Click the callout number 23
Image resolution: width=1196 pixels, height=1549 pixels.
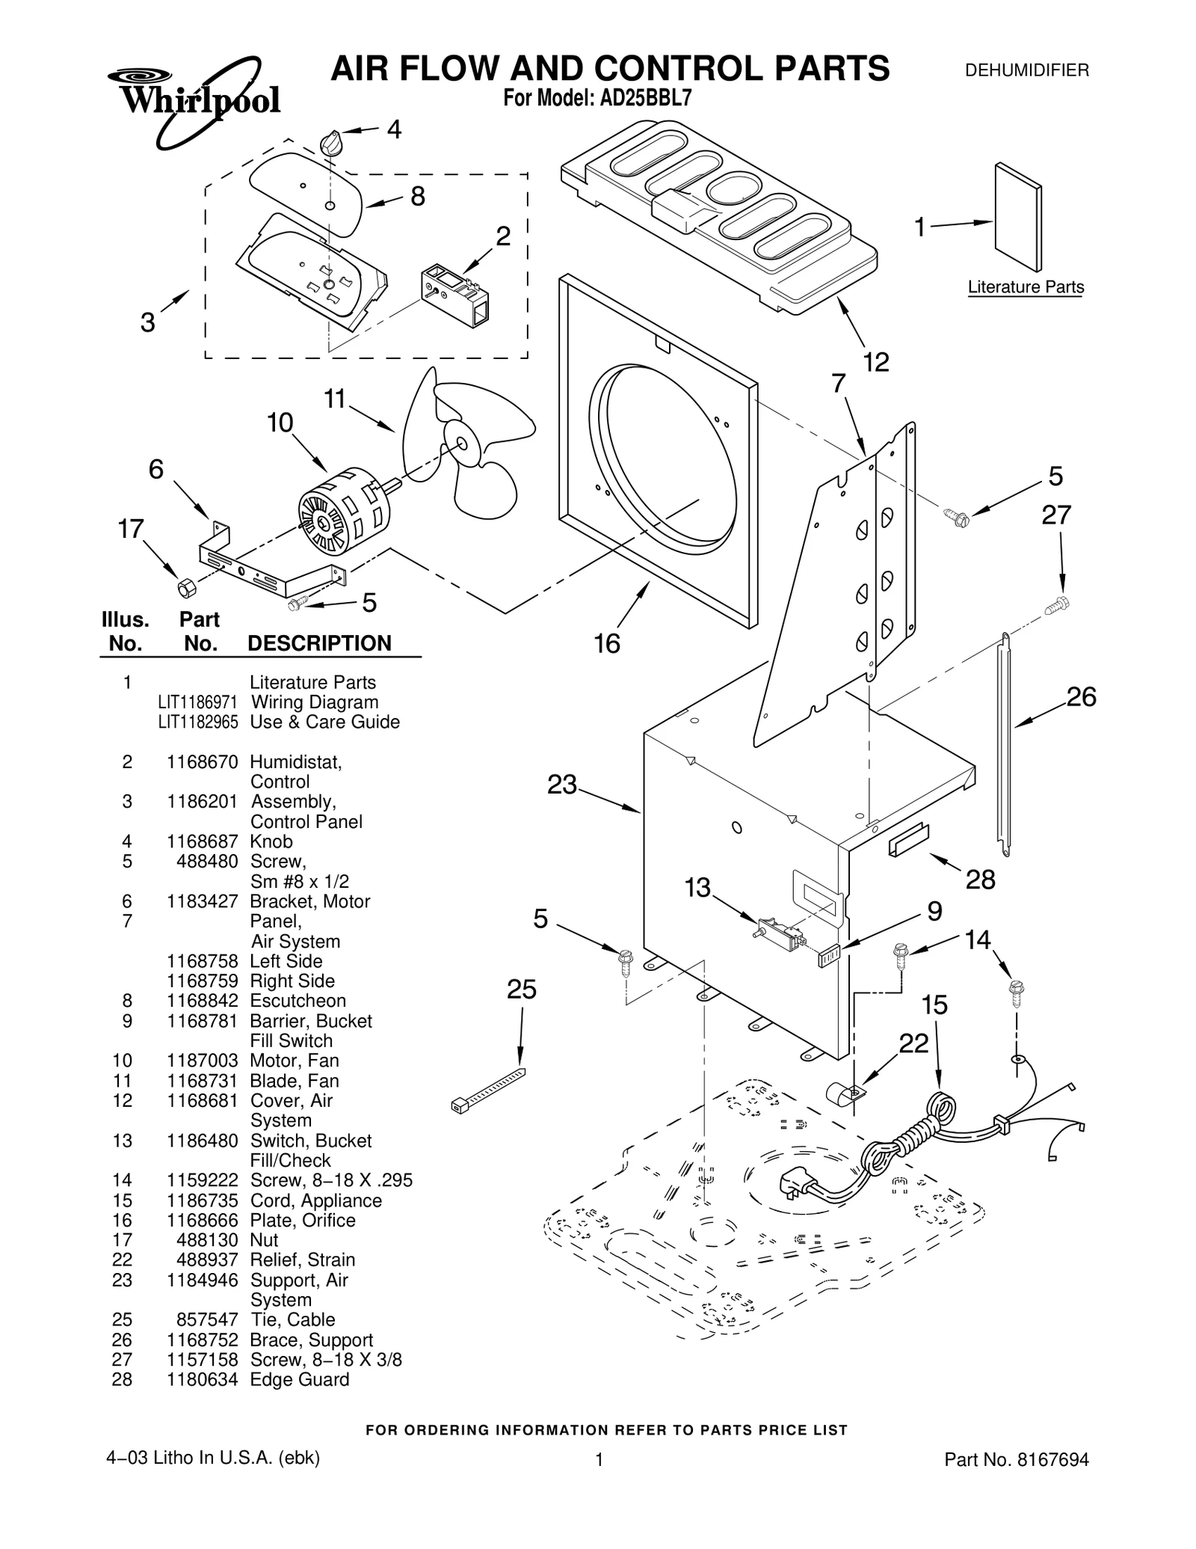tap(561, 785)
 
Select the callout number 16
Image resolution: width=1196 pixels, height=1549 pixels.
tap(607, 643)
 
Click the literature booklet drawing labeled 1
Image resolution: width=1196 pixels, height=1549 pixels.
tap(1017, 217)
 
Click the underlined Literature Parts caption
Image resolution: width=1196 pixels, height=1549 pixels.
tap(1025, 287)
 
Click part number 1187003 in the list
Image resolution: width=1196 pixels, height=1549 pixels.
tap(202, 1061)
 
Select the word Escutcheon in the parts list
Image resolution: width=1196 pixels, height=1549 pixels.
tap(298, 1001)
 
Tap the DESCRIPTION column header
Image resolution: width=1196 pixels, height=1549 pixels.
tap(319, 643)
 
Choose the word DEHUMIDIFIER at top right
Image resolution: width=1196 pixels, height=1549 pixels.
tap(1026, 71)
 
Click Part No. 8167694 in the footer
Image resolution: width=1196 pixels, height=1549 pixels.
tap(1017, 1480)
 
